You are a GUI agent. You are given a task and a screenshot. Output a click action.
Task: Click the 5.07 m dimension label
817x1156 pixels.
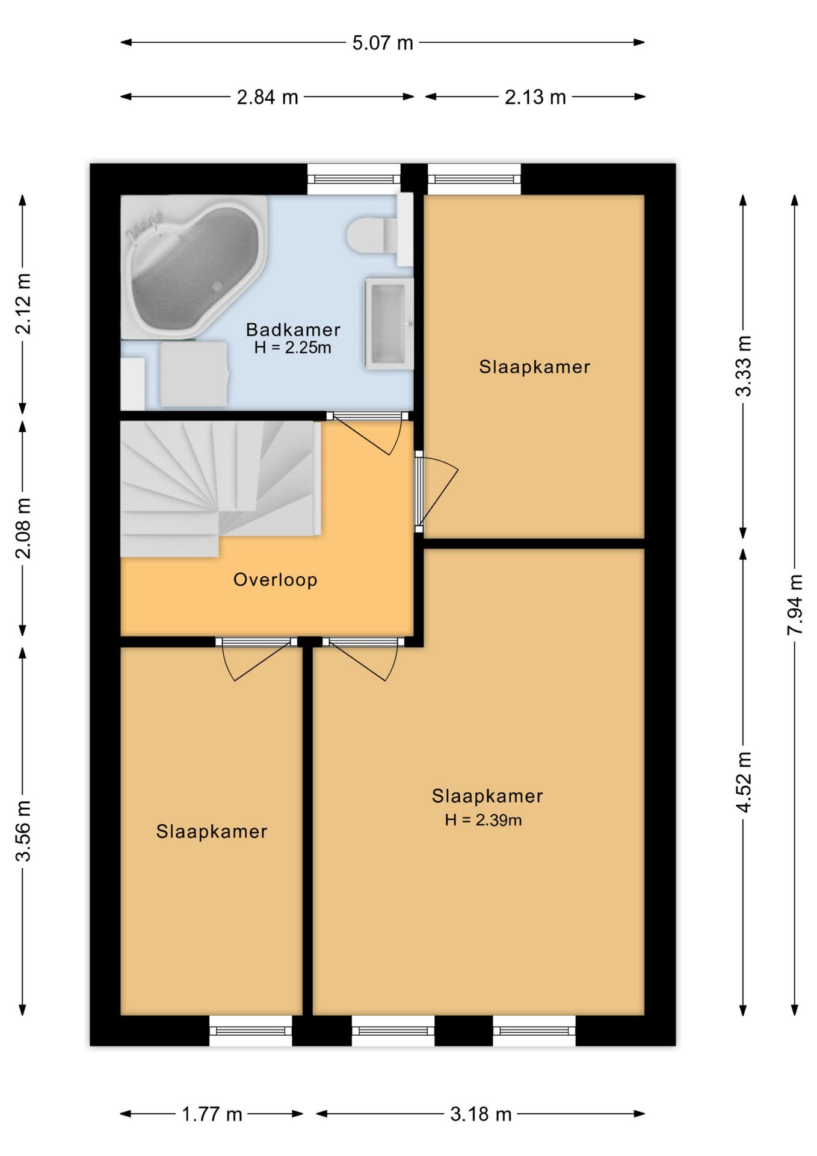[383, 43]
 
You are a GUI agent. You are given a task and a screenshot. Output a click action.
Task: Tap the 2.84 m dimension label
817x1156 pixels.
[267, 97]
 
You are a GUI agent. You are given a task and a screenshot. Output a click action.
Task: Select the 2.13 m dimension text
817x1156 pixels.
[535, 97]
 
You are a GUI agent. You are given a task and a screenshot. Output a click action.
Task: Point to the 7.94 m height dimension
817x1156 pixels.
[795, 604]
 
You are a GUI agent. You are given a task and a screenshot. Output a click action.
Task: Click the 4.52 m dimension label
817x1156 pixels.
[744, 782]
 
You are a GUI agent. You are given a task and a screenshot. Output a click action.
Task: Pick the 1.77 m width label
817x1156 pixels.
[212, 1114]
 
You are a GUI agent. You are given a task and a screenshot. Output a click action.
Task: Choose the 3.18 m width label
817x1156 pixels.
[481, 1114]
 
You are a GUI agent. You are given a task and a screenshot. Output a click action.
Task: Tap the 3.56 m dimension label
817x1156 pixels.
[23, 831]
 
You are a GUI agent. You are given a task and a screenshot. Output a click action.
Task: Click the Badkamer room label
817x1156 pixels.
[293, 329]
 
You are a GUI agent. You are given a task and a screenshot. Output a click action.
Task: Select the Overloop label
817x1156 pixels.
[275, 579]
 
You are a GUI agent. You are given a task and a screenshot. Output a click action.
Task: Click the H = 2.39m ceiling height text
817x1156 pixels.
[483, 819]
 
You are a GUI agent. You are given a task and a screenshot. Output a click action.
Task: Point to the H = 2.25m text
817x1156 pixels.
[292, 347]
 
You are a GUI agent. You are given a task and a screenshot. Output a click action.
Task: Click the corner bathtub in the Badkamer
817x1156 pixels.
[194, 267]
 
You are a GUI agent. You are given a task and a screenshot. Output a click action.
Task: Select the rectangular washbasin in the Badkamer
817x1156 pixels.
[389, 323]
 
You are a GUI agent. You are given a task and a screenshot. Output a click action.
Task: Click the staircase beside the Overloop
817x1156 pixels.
[220, 488]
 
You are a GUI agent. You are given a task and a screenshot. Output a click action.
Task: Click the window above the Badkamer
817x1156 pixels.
[354, 179]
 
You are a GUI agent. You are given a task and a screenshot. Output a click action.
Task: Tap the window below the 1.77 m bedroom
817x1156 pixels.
[250, 1031]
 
